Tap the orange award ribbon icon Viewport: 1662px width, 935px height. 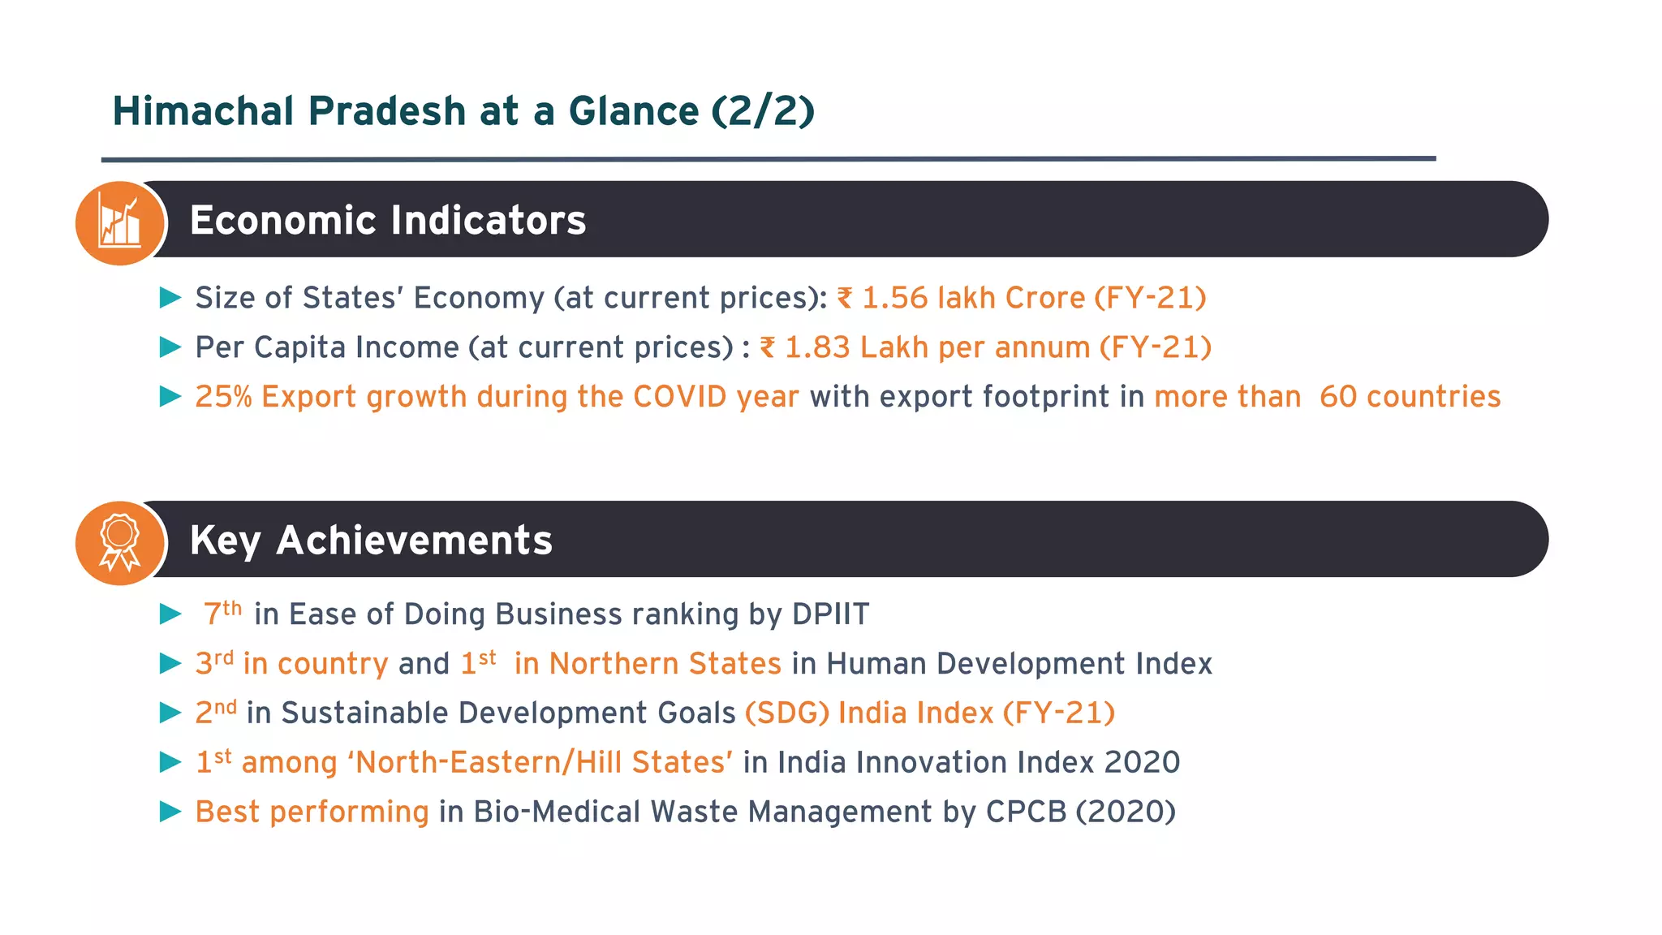(x=120, y=542)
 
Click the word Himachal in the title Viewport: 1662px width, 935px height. (x=203, y=111)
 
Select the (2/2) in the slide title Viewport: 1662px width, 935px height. (x=763, y=111)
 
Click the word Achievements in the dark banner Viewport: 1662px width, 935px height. (x=414, y=541)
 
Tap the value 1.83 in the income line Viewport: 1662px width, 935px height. (x=817, y=347)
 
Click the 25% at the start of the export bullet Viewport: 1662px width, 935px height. (x=223, y=397)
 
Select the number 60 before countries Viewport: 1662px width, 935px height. (x=1337, y=397)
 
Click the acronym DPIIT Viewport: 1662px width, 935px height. (x=830, y=614)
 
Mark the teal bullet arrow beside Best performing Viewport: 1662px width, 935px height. (x=170, y=812)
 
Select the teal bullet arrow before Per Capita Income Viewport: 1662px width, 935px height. (x=170, y=347)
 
